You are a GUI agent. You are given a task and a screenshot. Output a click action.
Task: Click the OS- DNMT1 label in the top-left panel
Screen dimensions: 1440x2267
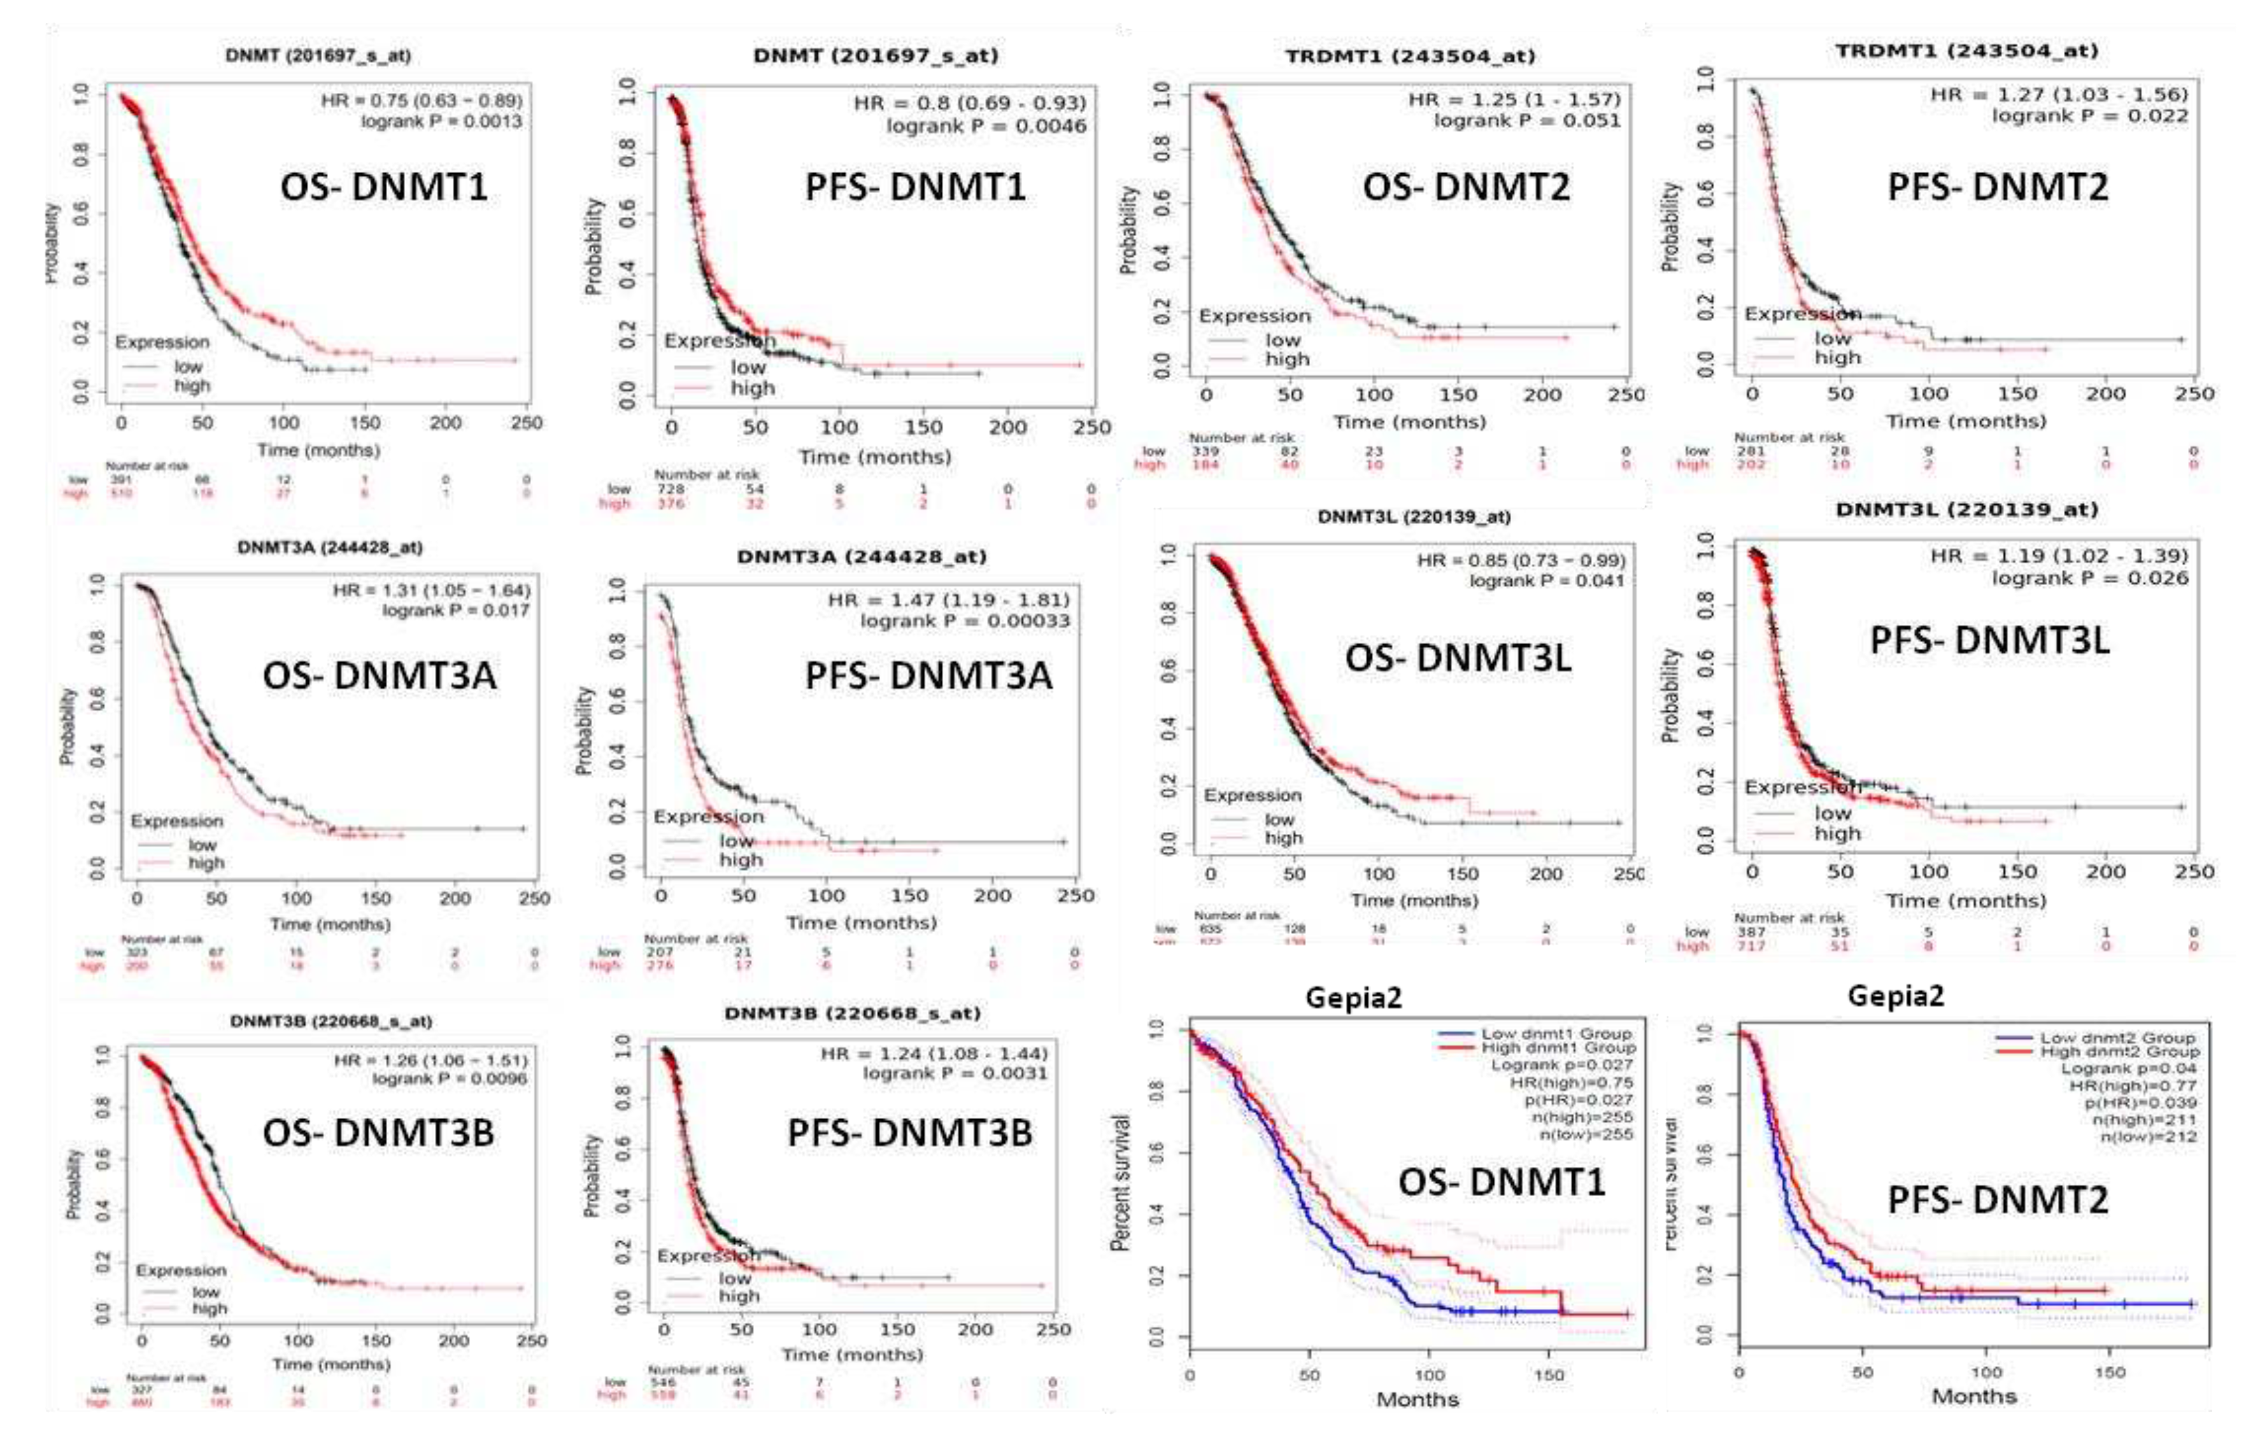383,187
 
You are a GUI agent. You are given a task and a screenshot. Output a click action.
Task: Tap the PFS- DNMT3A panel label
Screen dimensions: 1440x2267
928,676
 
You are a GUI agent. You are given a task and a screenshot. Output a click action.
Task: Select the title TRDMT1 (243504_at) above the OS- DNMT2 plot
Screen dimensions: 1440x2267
1409,57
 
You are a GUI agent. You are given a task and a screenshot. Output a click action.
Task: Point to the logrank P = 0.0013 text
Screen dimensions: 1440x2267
441,122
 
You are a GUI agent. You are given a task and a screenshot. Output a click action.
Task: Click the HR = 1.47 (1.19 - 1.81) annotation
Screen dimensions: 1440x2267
948,600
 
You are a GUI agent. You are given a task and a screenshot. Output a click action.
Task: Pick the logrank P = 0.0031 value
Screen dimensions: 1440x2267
955,1073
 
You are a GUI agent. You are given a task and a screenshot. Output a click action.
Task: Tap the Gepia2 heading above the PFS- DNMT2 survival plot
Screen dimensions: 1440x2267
1895,996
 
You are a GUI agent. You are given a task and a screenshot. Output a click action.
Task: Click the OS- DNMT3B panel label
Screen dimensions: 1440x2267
378,1133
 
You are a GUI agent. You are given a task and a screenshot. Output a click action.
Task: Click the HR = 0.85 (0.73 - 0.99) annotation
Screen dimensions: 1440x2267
1521,561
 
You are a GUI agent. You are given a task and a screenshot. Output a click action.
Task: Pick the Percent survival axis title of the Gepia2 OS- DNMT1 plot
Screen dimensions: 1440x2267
1120,1182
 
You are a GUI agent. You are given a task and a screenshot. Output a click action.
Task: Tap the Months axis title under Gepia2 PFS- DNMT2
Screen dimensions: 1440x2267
1973,1397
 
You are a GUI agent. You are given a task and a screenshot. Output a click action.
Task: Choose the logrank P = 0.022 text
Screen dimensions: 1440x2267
2089,116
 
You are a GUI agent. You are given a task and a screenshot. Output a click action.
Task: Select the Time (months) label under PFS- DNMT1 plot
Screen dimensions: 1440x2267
874,458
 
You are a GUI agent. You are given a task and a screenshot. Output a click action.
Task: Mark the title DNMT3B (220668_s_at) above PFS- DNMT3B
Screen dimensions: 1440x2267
852,1013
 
